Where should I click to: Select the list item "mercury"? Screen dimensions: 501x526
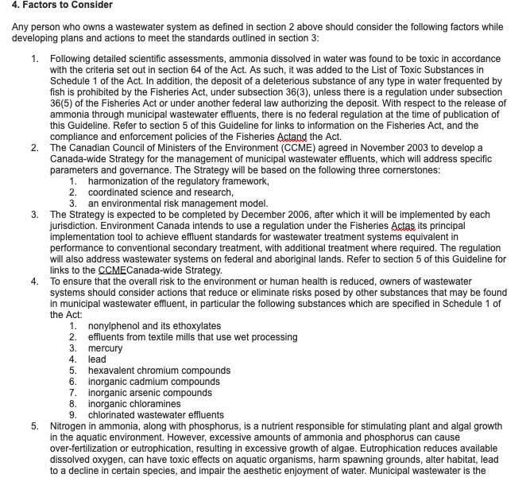(x=105, y=348)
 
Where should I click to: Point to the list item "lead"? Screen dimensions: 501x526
(x=97, y=359)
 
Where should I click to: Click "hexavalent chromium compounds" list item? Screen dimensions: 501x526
(x=159, y=371)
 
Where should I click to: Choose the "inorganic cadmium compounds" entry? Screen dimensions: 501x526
(x=153, y=382)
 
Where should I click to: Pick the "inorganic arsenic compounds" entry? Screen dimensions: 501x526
(x=150, y=393)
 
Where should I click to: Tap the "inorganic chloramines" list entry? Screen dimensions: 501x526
(x=134, y=404)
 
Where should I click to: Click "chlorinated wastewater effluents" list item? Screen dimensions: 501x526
(x=156, y=415)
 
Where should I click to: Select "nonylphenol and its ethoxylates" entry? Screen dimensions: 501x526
(x=154, y=326)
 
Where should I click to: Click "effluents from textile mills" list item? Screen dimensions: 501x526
(x=193, y=337)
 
